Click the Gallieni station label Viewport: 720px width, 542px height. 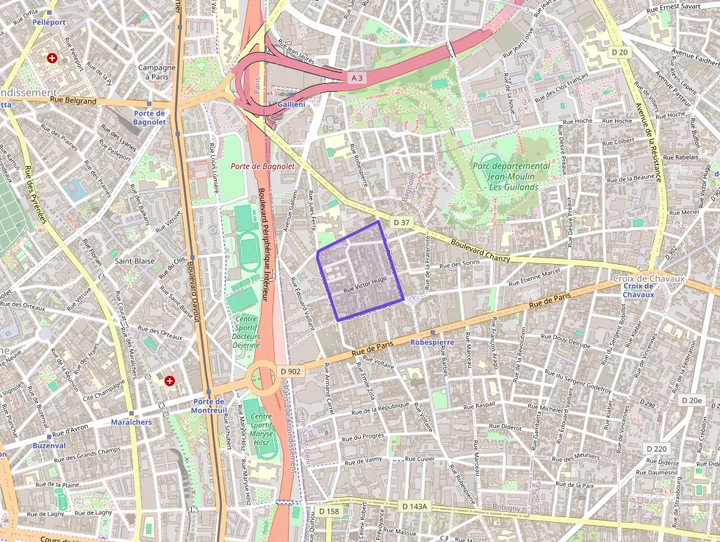point(292,105)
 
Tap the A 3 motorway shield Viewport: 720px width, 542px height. point(356,77)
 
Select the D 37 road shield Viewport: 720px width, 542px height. point(400,221)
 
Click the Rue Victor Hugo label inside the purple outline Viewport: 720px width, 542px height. point(365,285)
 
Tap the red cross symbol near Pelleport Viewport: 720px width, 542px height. point(51,57)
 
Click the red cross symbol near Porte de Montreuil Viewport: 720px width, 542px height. point(170,380)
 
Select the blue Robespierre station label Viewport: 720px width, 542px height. point(432,342)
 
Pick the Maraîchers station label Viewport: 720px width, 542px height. point(131,422)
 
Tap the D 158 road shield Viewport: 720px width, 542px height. point(329,511)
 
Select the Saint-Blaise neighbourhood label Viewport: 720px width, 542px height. point(133,260)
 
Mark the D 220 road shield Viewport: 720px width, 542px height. point(657,449)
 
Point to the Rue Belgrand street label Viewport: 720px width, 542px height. point(73,101)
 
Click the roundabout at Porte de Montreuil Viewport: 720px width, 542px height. point(263,378)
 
